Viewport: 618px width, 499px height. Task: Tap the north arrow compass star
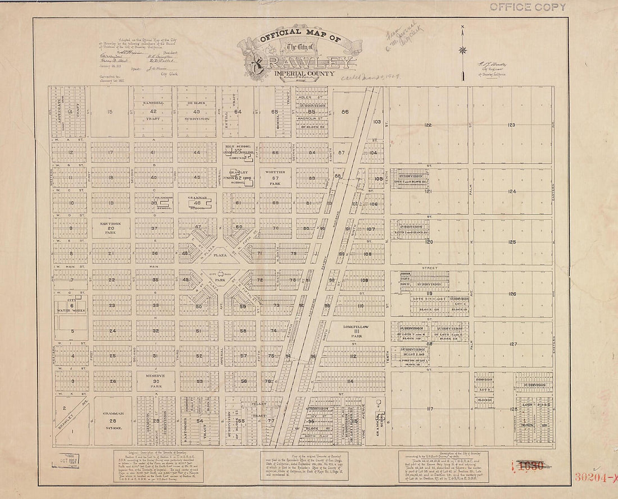click(462, 50)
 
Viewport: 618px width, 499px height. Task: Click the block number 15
click(110, 112)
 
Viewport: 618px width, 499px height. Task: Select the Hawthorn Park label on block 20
click(110, 228)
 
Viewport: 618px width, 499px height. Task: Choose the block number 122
click(428, 125)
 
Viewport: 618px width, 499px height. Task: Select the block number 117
click(430, 408)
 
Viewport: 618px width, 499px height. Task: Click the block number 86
click(344, 112)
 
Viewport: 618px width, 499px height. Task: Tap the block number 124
click(512, 191)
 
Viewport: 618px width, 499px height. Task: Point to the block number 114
click(349, 381)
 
